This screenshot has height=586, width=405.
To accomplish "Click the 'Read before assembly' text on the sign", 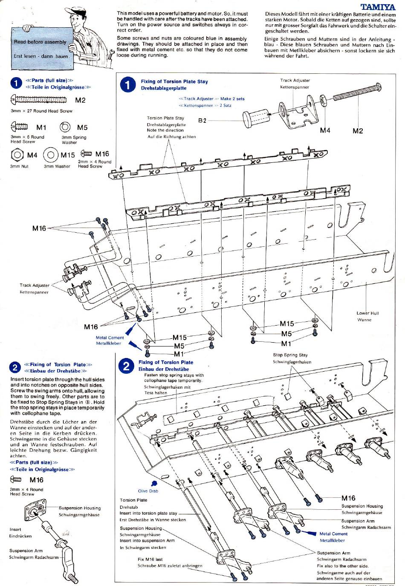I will coord(40,42).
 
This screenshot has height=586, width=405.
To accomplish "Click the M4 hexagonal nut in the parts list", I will coord(17,155).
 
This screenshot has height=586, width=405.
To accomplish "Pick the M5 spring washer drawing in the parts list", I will coord(66,127).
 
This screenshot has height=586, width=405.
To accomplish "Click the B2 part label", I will coord(202,121).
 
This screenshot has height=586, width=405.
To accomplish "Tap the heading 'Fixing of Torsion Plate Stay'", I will coord(174,81).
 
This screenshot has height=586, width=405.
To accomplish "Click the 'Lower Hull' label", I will coord(367,313).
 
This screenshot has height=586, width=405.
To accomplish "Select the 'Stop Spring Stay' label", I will coord(290,355).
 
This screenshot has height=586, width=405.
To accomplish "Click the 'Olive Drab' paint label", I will coord(148,491).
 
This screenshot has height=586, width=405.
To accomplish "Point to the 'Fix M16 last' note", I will coord(150,559).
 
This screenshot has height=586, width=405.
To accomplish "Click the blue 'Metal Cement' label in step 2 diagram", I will coord(333,534).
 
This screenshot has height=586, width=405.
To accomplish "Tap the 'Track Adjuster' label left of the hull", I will coord(35,286).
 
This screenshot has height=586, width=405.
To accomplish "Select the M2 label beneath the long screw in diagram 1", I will coord(358,131).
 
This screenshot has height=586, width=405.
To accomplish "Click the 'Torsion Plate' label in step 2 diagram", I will coord(133,500).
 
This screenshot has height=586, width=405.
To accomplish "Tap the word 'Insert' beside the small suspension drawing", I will coord(15,529).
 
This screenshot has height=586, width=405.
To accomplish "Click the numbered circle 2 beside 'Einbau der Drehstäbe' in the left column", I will coord(15,368).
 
